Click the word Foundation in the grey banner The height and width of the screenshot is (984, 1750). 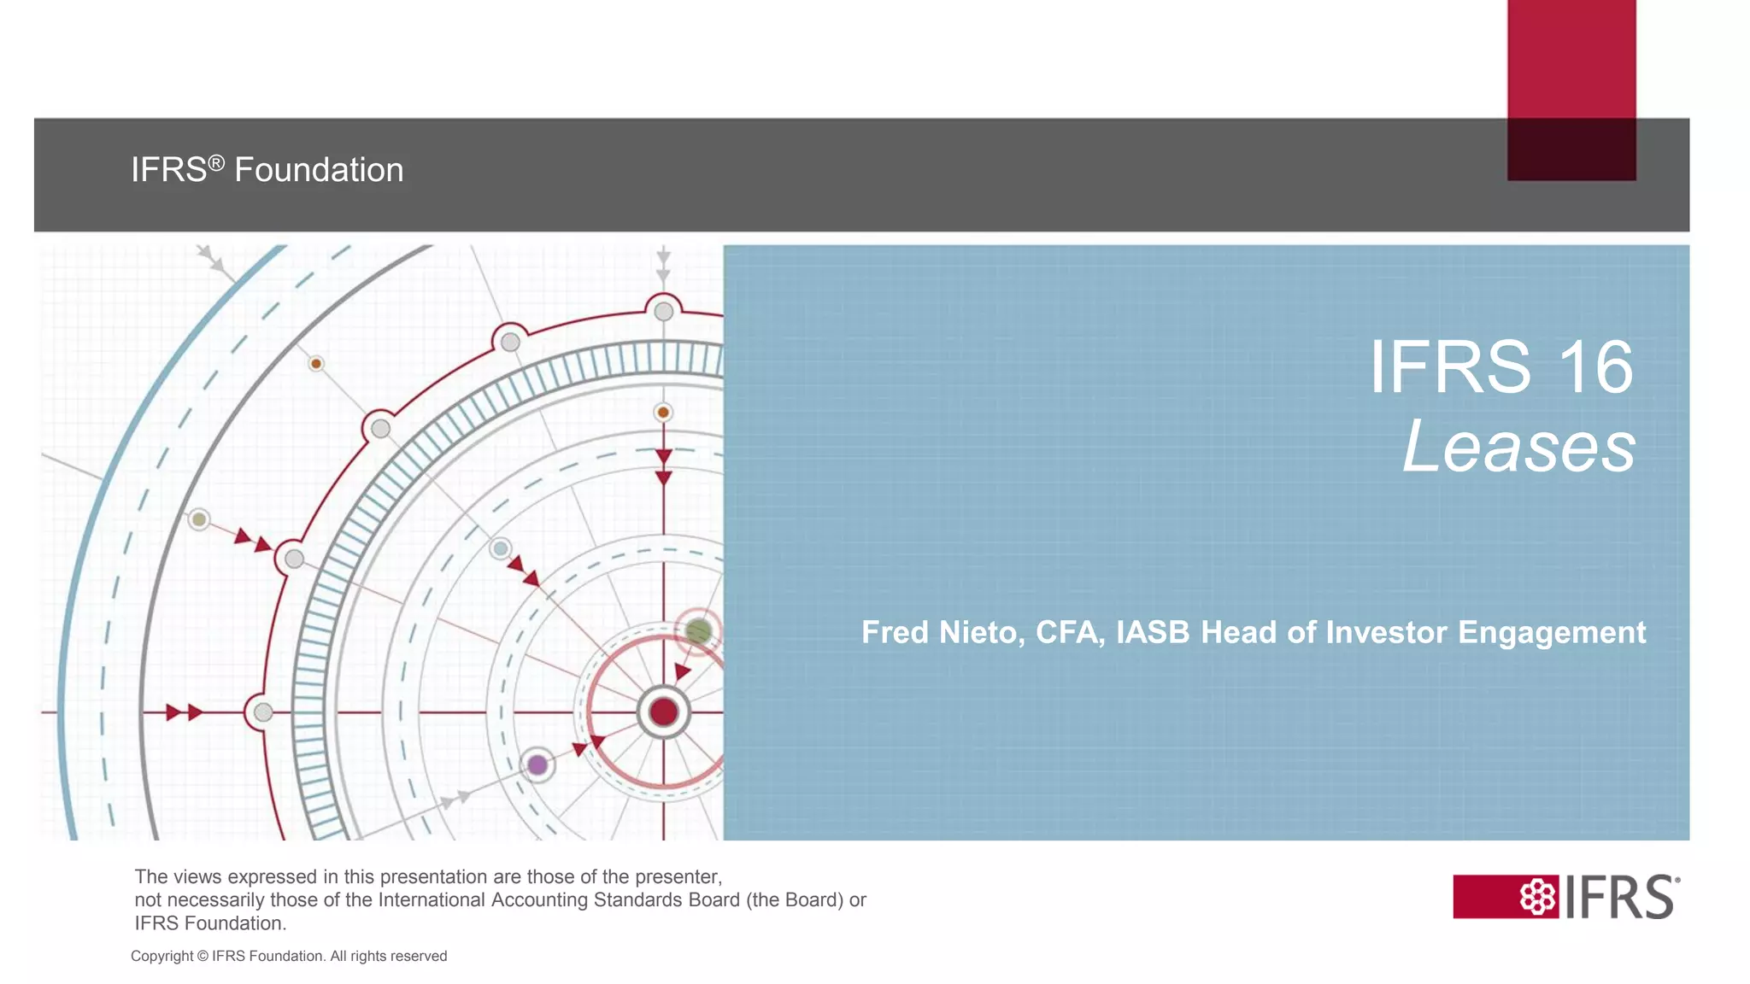319,170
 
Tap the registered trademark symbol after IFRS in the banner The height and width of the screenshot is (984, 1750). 216,161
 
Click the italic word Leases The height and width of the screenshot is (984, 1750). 1519,447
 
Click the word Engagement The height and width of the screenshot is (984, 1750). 1552,633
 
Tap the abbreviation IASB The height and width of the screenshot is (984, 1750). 1154,633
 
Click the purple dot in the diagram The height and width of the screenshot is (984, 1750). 537,764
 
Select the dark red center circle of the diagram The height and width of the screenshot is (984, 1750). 663,712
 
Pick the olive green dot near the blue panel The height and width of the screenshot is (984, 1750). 698,631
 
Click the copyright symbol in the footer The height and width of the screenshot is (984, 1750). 203,957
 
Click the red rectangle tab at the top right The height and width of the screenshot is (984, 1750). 1571,60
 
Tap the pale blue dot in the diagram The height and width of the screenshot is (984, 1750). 501,548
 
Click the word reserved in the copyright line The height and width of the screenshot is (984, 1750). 418,957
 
